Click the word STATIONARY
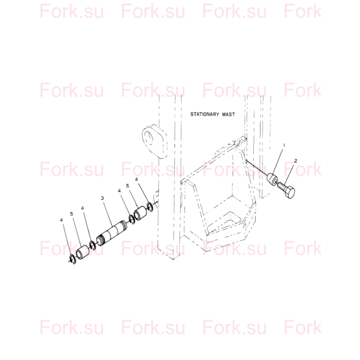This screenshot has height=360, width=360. [x=205, y=114]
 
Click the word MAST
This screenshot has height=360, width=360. [x=228, y=114]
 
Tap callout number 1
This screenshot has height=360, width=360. [x=284, y=145]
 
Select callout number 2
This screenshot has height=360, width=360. [x=295, y=161]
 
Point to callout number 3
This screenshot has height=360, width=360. [x=102, y=198]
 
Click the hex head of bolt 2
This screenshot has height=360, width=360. [x=289, y=192]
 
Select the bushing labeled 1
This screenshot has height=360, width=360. [x=272, y=179]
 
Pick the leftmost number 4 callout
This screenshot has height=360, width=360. [x=61, y=220]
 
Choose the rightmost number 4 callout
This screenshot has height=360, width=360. [x=137, y=179]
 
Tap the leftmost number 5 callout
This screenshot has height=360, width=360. [x=71, y=214]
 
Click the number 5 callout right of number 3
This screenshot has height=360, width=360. [x=128, y=186]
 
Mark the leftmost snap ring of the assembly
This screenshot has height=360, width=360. [x=73, y=259]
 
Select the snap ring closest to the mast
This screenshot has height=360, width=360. [x=150, y=207]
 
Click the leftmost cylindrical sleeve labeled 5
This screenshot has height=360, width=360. [x=82, y=252]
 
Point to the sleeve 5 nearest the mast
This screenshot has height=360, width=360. [x=140, y=213]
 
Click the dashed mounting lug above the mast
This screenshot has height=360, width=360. [x=155, y=141]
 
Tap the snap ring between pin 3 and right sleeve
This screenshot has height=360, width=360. [x=132, y=220]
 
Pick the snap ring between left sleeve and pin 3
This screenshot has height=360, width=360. [x=92, y=245]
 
